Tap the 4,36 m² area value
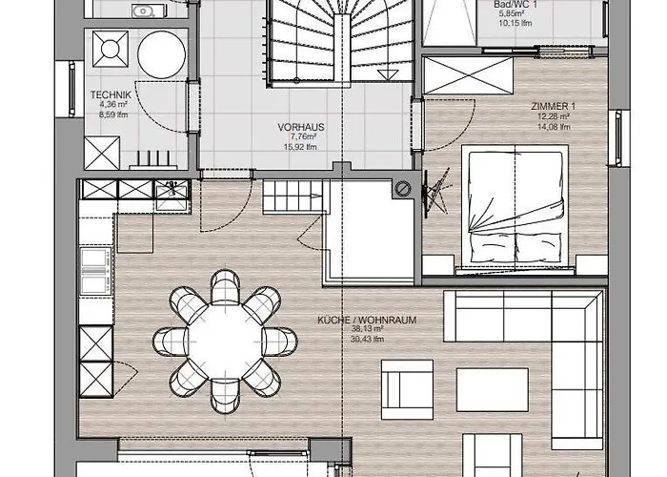point(103,105)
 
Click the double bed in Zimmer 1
point(515,205)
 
